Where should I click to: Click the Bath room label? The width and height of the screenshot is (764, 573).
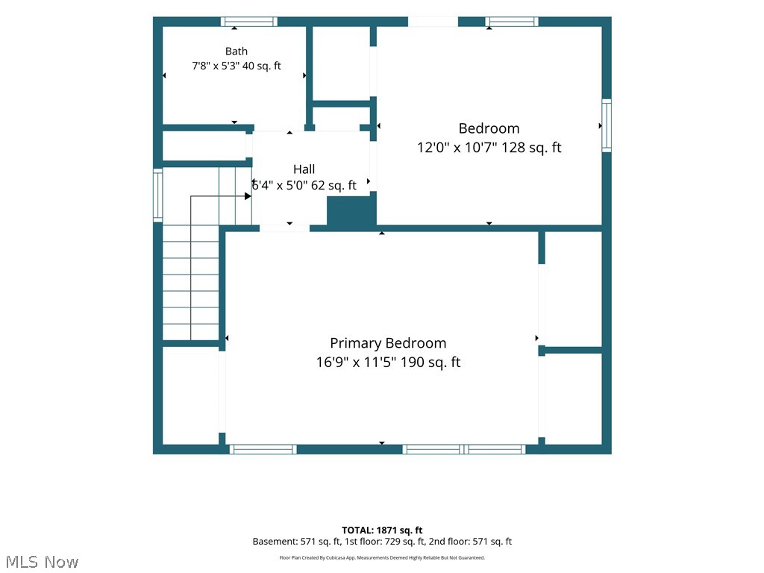pyautogui.click(x=237, y=51)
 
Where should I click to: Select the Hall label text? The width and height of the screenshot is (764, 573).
pyautogui.click(x=304, y=169)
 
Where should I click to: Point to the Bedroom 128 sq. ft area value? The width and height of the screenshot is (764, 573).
pyautogui.click(x=531, y=147)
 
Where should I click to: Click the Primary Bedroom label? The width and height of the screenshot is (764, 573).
pyautogui.click(x=388, y=343)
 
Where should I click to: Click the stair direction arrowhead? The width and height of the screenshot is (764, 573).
pyautogui.click(x=248, y=196)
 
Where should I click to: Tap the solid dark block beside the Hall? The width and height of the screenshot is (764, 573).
pyautogui.click(x=351, y=210)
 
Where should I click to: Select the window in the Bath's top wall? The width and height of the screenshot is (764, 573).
pyautogui.click(x=249, y=22)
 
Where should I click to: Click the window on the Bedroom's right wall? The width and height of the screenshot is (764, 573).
pyautogui.click(x=607, y=125)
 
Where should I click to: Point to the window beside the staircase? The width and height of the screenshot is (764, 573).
pyautogui.click(x=158, y=195)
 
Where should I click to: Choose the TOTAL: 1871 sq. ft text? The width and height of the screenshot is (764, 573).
pyautogui.click(x=382, y=530)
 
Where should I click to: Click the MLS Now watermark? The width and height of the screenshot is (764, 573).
pyautogui.click(x=42, y=562)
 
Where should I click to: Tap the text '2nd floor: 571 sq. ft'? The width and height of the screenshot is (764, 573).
pyautogui.click(x=470, y=542)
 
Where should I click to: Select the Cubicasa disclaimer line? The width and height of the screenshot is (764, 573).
pyautogui.click(x=382, y=557)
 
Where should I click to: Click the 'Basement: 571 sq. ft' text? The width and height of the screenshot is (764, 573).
pyautogui.click(x=296, y=542)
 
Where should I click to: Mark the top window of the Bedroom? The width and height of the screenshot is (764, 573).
pyautogui.click(x=512, y=22)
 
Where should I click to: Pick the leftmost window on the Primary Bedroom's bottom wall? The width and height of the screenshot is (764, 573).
pyautogui.click(x=263, y=449)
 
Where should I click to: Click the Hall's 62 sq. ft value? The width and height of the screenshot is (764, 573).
pyautogui.click(x=334, y=185)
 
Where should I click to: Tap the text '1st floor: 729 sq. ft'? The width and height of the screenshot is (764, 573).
pyautogui.click(x=385, y=542)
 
